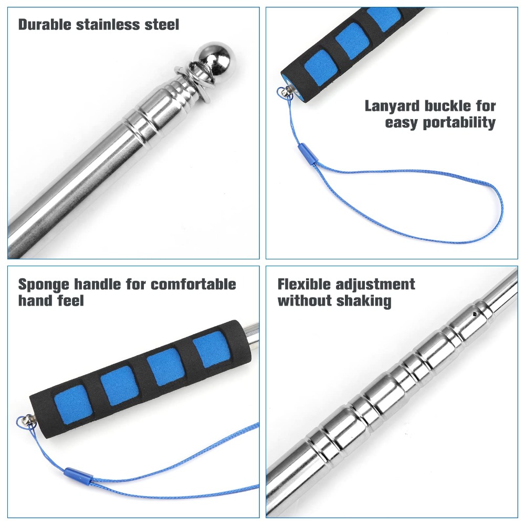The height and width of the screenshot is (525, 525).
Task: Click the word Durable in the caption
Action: point(45,25)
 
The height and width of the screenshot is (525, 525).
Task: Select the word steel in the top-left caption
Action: point(162,25)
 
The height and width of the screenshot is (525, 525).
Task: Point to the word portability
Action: point(459,123)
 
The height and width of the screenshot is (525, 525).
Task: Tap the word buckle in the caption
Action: point(448,106)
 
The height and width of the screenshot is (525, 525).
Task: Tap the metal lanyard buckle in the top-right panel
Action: point(285,92)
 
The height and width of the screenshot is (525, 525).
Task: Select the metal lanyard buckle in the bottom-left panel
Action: point(27,421)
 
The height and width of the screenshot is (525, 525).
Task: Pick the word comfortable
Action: point(194,284)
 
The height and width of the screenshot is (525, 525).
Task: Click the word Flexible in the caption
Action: point(304,284)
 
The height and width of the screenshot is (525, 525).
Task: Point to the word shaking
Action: point(364,301)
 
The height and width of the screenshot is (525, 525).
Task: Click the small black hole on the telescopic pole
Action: point(475,314)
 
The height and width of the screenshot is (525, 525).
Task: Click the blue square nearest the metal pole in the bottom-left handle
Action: point(212,349)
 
